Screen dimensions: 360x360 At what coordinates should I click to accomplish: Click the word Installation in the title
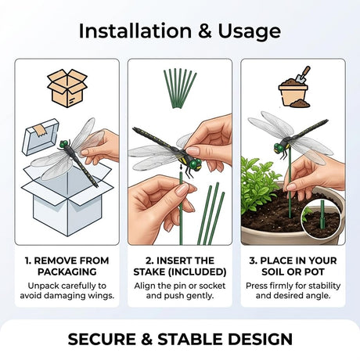pos(135,31)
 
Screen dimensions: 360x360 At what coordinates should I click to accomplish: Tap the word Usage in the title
pos(249,32)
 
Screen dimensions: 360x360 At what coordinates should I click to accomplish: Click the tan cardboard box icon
pos(67,88)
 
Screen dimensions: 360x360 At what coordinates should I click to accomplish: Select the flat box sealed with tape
pos(41,137)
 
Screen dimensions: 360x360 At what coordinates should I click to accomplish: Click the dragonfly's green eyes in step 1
pos(64,144)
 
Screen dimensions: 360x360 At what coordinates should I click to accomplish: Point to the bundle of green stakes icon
pos(180,88)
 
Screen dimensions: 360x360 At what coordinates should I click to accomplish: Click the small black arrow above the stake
pos(182,167)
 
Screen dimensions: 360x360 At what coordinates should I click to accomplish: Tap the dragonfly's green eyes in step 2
pos(196,164)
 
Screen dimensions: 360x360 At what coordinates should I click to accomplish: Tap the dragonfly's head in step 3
pos(279,148)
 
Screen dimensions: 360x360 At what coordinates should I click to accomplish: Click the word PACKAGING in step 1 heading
pos(67,272)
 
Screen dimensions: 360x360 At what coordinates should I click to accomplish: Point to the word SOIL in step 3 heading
pos(273,272)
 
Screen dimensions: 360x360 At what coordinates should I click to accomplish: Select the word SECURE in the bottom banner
pos(102,339)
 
